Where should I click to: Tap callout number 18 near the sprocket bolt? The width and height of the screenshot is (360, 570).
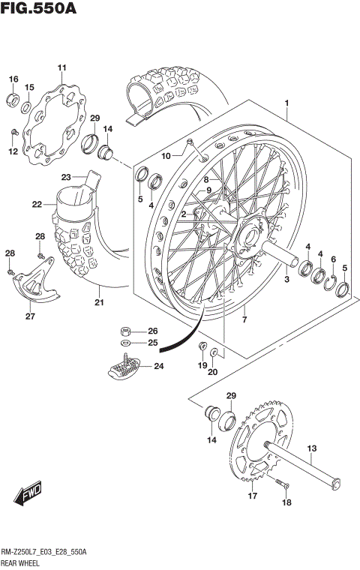(x=286, y=504)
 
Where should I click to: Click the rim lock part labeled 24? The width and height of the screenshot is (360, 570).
(x=125, y=367)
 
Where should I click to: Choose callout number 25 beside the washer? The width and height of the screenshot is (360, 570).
(x=153, y=343)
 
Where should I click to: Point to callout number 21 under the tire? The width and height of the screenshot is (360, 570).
(x=98, y=303)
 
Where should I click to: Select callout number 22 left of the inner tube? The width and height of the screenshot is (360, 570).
(x=37, y=203)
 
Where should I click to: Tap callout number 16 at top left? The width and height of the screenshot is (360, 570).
(x=13, y=79)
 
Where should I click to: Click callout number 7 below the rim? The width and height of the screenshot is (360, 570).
(x=244, y=319)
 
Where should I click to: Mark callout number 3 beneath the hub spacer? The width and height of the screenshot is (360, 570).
(x=286, y=279)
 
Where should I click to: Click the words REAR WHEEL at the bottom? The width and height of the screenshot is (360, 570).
(x=22, y=562)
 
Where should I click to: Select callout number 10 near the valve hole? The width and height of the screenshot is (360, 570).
(x=166, y=155)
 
